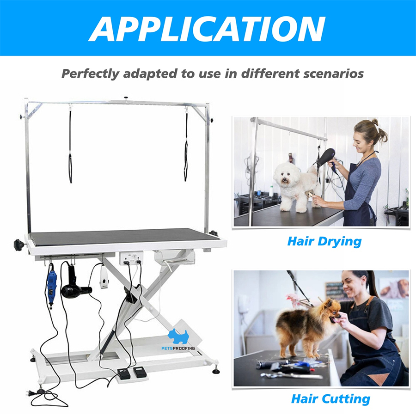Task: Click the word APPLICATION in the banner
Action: pyautogui.click(x=207, y=29)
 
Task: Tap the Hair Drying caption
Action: pyautogui.click(x=324, y=241)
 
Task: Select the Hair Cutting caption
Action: pyautogui.click(x=330, y=399)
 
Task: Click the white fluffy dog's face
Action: pyautogui.click(x=284, y=175)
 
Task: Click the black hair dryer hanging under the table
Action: pyautogui.click(x=74, y=285)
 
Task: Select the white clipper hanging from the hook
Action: pyautogui.click(x=104, y=276)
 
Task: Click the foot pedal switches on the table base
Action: pyautogui.click(x=132, y=373)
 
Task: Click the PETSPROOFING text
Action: pyautogui.click(x=178, y=348)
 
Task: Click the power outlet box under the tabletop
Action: pyautogui.click(x=131, y=258)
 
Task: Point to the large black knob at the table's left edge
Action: pyautogui.click(x=19, y=245)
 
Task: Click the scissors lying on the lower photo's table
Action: pyautogui.click(x=288, y=375)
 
